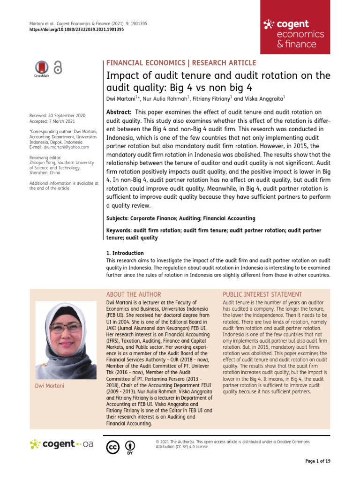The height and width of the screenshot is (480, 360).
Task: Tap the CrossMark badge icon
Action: (42, 68)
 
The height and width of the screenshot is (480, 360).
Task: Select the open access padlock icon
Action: (58, 67)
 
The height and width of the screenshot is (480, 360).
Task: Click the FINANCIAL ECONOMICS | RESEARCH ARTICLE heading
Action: (182, 63)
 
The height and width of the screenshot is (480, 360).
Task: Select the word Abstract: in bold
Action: (120, 112)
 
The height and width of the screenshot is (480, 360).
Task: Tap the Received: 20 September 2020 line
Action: (58, 115)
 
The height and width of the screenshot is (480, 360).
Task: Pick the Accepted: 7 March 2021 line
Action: (51, 121)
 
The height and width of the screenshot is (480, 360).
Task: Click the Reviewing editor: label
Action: (45, 157)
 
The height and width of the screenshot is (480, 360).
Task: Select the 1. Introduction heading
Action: (125, 253)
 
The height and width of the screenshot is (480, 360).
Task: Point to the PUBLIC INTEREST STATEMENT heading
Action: (262, 294)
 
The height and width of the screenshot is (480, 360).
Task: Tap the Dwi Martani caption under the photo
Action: (49, 385)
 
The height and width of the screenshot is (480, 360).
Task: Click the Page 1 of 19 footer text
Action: (318, 462)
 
